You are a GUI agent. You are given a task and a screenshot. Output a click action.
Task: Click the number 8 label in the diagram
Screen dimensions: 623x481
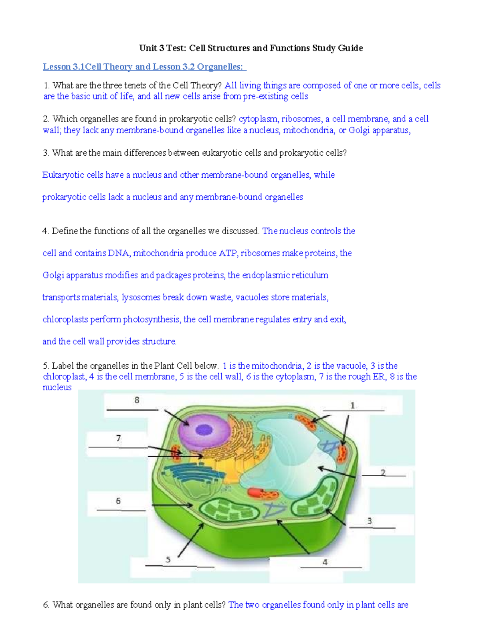137,400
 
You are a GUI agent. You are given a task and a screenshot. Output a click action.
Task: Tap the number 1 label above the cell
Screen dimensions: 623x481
352,406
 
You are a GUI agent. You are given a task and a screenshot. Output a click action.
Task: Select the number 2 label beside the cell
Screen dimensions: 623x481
383,473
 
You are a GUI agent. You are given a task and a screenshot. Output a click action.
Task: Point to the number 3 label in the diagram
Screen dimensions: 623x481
370,521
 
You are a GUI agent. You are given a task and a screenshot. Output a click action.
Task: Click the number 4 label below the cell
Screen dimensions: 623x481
325,562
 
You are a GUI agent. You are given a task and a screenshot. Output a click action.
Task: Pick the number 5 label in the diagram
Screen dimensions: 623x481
168,560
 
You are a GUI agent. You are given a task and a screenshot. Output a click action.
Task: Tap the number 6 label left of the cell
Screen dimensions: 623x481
118,501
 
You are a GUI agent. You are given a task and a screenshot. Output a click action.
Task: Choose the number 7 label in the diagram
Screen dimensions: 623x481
118,438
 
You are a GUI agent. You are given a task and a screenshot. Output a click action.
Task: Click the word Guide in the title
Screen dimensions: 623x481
350,48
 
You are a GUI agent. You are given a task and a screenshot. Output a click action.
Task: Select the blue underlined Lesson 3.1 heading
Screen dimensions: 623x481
144,67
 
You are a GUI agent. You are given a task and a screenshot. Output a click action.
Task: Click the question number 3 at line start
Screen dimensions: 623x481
46,153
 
